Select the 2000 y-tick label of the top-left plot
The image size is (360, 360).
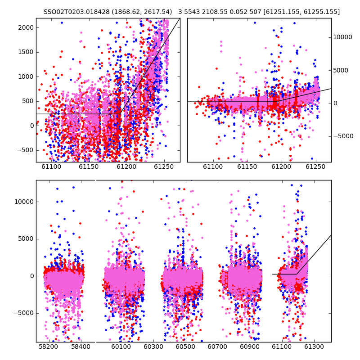(x=26, y=27)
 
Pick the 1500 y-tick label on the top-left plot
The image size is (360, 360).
(x=26, y=52)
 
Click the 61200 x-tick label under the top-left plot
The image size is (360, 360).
(x=126, y=166)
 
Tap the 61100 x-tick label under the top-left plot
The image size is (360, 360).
(x=51, y=166)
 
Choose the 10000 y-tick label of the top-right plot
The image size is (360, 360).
(x=342, y=37)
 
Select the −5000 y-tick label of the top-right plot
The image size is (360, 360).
(x=343, y=136)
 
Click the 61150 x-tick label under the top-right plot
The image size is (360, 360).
(x=247, y=166)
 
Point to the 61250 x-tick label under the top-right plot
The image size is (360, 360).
(x=315, y=166)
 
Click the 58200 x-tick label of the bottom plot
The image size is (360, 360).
(x=49, y=346)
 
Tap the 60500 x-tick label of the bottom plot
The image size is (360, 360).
(x=185, y=346)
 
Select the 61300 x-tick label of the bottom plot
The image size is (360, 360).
(x=314, y=346)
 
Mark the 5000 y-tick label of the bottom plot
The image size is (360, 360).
(x=26, y=239)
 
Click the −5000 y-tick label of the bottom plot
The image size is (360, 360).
(x=24, y=313)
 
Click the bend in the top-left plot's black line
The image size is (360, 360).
(x=121, y=114)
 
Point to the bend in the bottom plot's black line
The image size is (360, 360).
(x=297, y=274)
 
